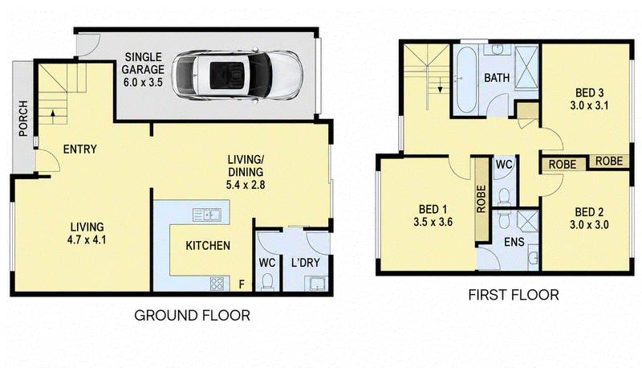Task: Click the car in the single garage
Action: [x=238, y=76]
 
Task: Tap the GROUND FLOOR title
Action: [x=192, y=316]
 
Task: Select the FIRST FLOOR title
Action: [x=514, y=295]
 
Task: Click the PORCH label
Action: [x=23, y=118]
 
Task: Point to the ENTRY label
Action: [x=79, y=149]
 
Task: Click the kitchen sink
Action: [x=207, y=215]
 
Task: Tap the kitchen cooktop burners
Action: [x=217, y=283]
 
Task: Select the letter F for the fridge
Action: [x=242, y=284]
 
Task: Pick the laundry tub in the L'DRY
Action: [x=315, y=283]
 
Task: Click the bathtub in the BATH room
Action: [x=465, y=80]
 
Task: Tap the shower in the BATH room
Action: [x=526, y=67]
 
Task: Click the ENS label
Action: [x=514, y=242]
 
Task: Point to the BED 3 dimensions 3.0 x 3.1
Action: [x=589, y=106]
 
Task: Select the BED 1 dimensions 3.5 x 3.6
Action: [x=433, y=222]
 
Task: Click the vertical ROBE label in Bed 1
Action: [x=481, y=198]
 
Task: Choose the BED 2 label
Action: [x=589, y=212]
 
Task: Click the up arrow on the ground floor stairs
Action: [x=53, y=113]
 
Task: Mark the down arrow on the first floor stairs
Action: [x=440, y=85]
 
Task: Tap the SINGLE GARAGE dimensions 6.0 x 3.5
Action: [x=143, y=83]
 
